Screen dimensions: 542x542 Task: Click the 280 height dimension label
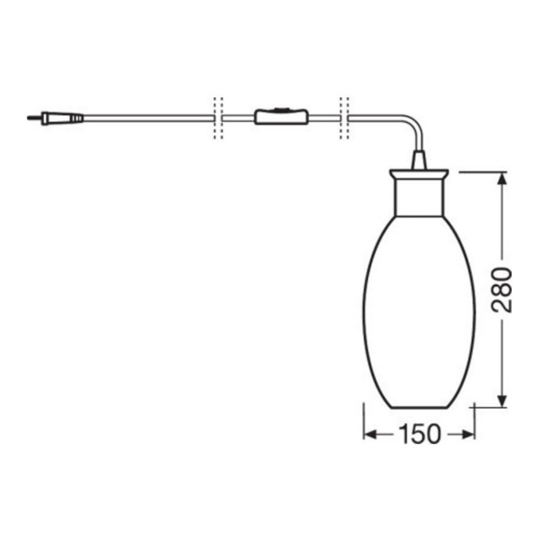tap(501, 290)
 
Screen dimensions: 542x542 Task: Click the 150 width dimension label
tap(419, 433)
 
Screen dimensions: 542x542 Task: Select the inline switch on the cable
tap(280, 117)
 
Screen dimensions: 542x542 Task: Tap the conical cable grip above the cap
tap(419, 160)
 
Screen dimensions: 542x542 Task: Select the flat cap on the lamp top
tap(419, 174)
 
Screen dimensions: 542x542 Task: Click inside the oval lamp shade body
tap(419, 312)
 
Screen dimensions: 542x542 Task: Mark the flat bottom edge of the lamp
tap(419, 408)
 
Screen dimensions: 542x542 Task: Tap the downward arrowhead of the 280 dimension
tap(501, 400)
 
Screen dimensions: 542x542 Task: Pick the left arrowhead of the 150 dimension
tap(370, 433)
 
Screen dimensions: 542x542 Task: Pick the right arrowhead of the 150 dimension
tap(468, 433)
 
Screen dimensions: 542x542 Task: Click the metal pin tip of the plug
tap(31, 117)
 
